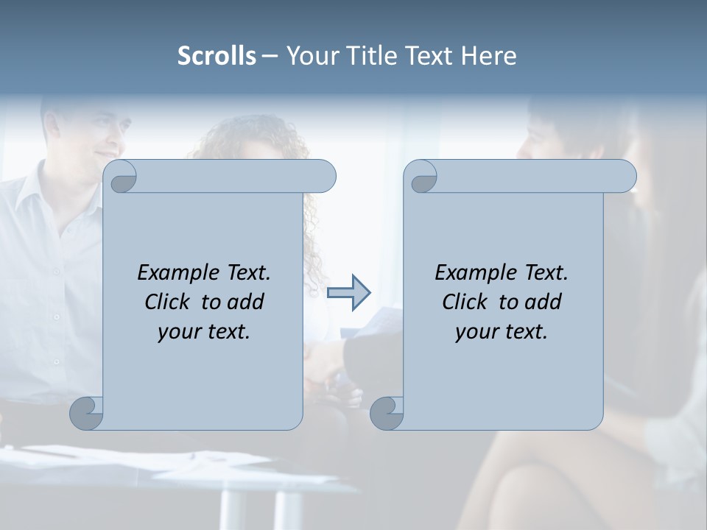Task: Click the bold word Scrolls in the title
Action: tap(217, 56)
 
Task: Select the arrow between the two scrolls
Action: tap(348, 293)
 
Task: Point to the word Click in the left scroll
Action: tap(169, 302)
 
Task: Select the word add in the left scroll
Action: tap(245, 302)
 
